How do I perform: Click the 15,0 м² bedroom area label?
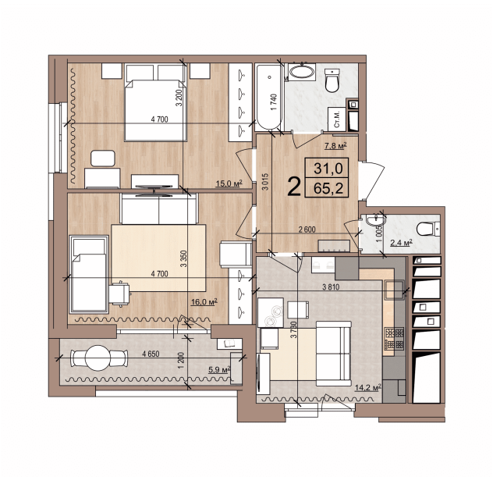click(229, 183)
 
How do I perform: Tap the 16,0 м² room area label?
click(204, 302)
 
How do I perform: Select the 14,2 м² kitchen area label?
click(368, 387)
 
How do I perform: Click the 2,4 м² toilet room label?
click(402, 243)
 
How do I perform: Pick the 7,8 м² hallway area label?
click(335, 146)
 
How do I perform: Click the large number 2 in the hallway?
click(294, 187)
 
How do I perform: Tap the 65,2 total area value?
click(328, 189)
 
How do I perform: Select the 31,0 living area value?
click(328, 169)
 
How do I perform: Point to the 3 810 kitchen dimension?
click(331, 287)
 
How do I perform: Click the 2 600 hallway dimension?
click(307, 230)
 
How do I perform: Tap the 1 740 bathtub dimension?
click(274, 102)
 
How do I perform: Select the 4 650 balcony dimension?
click(151, 354)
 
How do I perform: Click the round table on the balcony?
click(98, 358)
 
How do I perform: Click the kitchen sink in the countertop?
click(394, 290)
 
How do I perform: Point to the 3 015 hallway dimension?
click(266, 182)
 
